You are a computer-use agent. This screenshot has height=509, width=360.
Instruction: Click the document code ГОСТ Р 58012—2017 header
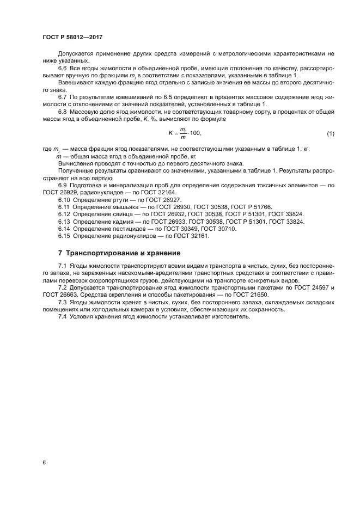tap(72, 36)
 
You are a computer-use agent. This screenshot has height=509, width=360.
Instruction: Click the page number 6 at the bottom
tap(44, 462)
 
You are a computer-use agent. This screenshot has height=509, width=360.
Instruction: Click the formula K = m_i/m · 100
tap(185, 133)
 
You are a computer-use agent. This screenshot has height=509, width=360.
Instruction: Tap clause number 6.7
tap(62, 97)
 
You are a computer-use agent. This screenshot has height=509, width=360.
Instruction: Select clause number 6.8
tap(62, 112)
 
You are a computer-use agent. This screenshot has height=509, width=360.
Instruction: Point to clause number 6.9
tap(62, 186)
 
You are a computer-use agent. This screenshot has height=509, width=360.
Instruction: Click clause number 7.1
tap(62, 265)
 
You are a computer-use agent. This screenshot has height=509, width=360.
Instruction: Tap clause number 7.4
tap(62, 317)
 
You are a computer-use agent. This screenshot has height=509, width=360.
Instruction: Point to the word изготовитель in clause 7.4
tap(229, 317)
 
